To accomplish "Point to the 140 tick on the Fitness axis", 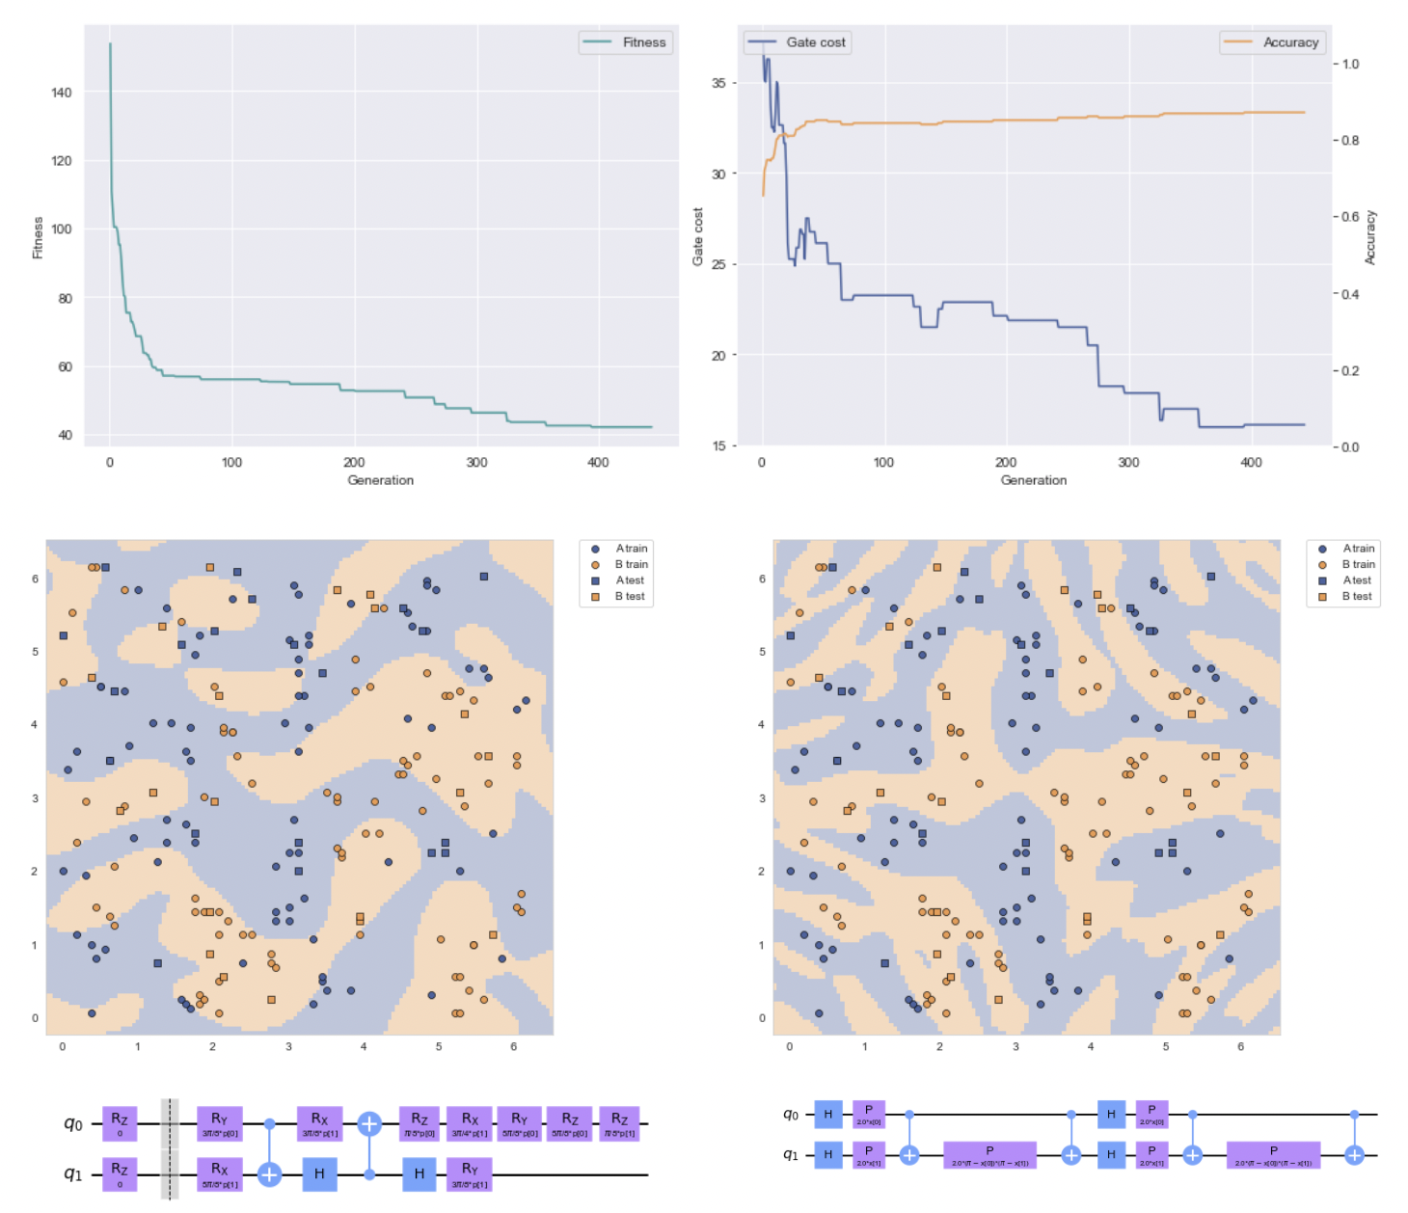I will [61, 93].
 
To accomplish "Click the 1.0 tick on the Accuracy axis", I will [1350, 65].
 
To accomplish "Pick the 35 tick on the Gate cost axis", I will [718, 83].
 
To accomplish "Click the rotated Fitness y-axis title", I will [39, 237].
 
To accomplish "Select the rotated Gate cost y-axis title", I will [697, 237].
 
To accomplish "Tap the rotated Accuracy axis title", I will [1369, 237].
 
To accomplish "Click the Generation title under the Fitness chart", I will [380, 480].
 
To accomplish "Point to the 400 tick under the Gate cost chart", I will [1251, 463].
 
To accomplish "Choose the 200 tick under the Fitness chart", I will [354, 463].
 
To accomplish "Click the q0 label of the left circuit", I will [73, 1123].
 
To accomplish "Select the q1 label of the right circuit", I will [790, 1154].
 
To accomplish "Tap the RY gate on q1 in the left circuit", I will [470, 1174].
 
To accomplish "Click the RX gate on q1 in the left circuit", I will [219, 1174].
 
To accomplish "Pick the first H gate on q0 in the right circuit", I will [827, 1115].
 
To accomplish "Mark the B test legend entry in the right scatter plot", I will [1356, 597].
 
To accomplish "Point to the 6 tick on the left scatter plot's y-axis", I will [35, 580].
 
